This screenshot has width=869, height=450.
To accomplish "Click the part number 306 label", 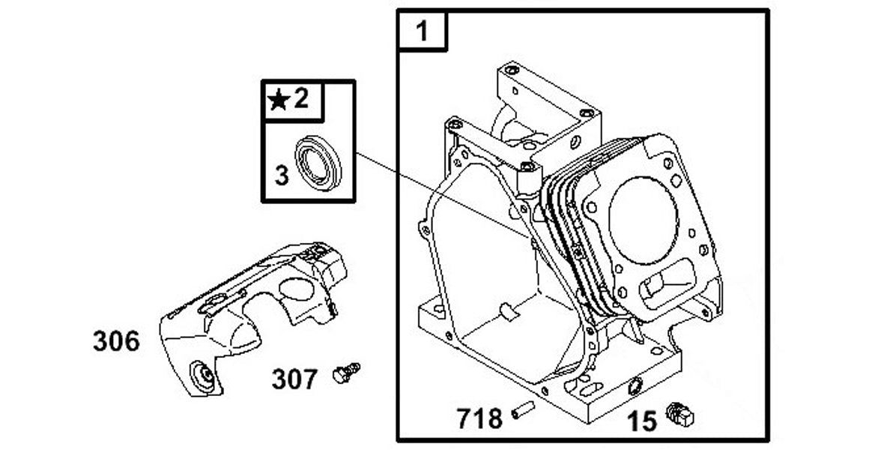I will (116, 341).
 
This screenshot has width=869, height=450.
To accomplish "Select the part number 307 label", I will (294, 379).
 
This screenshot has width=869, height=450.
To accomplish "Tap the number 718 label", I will (479, 418).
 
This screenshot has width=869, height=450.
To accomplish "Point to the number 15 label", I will (642, 421).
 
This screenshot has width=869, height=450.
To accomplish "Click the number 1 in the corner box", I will (423, 31).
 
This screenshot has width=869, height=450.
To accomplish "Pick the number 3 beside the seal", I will (281, 175).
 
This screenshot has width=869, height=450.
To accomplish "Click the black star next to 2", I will (279, 100).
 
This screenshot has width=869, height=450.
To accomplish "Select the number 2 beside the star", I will (300, 98).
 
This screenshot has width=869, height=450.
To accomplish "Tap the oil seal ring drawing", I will (318, 163).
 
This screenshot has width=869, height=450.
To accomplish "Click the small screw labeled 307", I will (346, 372).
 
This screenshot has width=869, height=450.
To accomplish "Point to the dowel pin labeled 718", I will (522, 411).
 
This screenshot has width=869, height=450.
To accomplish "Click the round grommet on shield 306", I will (202, 373).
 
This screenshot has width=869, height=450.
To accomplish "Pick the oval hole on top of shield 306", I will (297, 289).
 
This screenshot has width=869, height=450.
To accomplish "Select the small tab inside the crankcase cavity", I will (507, 310).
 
